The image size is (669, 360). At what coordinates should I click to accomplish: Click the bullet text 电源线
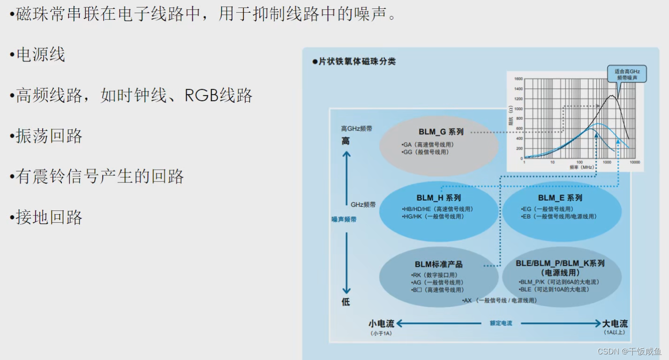pyautogui.click(x=40, y=55)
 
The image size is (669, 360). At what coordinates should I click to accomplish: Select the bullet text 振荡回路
pyautogui.click(x=49, y=136)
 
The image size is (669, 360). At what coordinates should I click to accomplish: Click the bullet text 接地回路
pyautogui.click(x=49, y=217)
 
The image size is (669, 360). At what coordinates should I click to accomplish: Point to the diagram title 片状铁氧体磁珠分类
pyautogui.click(x=357, y=61)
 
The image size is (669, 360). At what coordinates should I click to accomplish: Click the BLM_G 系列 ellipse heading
pyautogui.click(x=441, y=132)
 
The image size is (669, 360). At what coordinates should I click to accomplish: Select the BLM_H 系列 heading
pyautogui.click(x=438, y=198)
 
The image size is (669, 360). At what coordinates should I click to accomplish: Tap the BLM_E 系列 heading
pyautogui.click(x=560, y=198)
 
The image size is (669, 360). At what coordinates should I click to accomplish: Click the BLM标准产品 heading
pyautogui.click(x=438, y=264)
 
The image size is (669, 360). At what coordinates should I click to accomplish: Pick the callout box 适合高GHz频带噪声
pyautogui.click(x=626, y=74)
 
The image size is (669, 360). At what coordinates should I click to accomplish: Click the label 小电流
pyautogui.click(x=381, y=323)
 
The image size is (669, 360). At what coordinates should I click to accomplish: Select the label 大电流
pyautogui.click(x=615, y=323)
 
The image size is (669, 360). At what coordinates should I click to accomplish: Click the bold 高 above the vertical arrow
pyautogui.click(x=346, y=141)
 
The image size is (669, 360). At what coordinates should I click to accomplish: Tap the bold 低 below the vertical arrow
pyautogui.click(x=346, y=302)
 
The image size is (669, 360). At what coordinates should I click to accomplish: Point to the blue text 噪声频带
pyautogui.click(x=344, y=219)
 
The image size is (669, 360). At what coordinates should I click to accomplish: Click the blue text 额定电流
pyautogui.click(x=501, y=323)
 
